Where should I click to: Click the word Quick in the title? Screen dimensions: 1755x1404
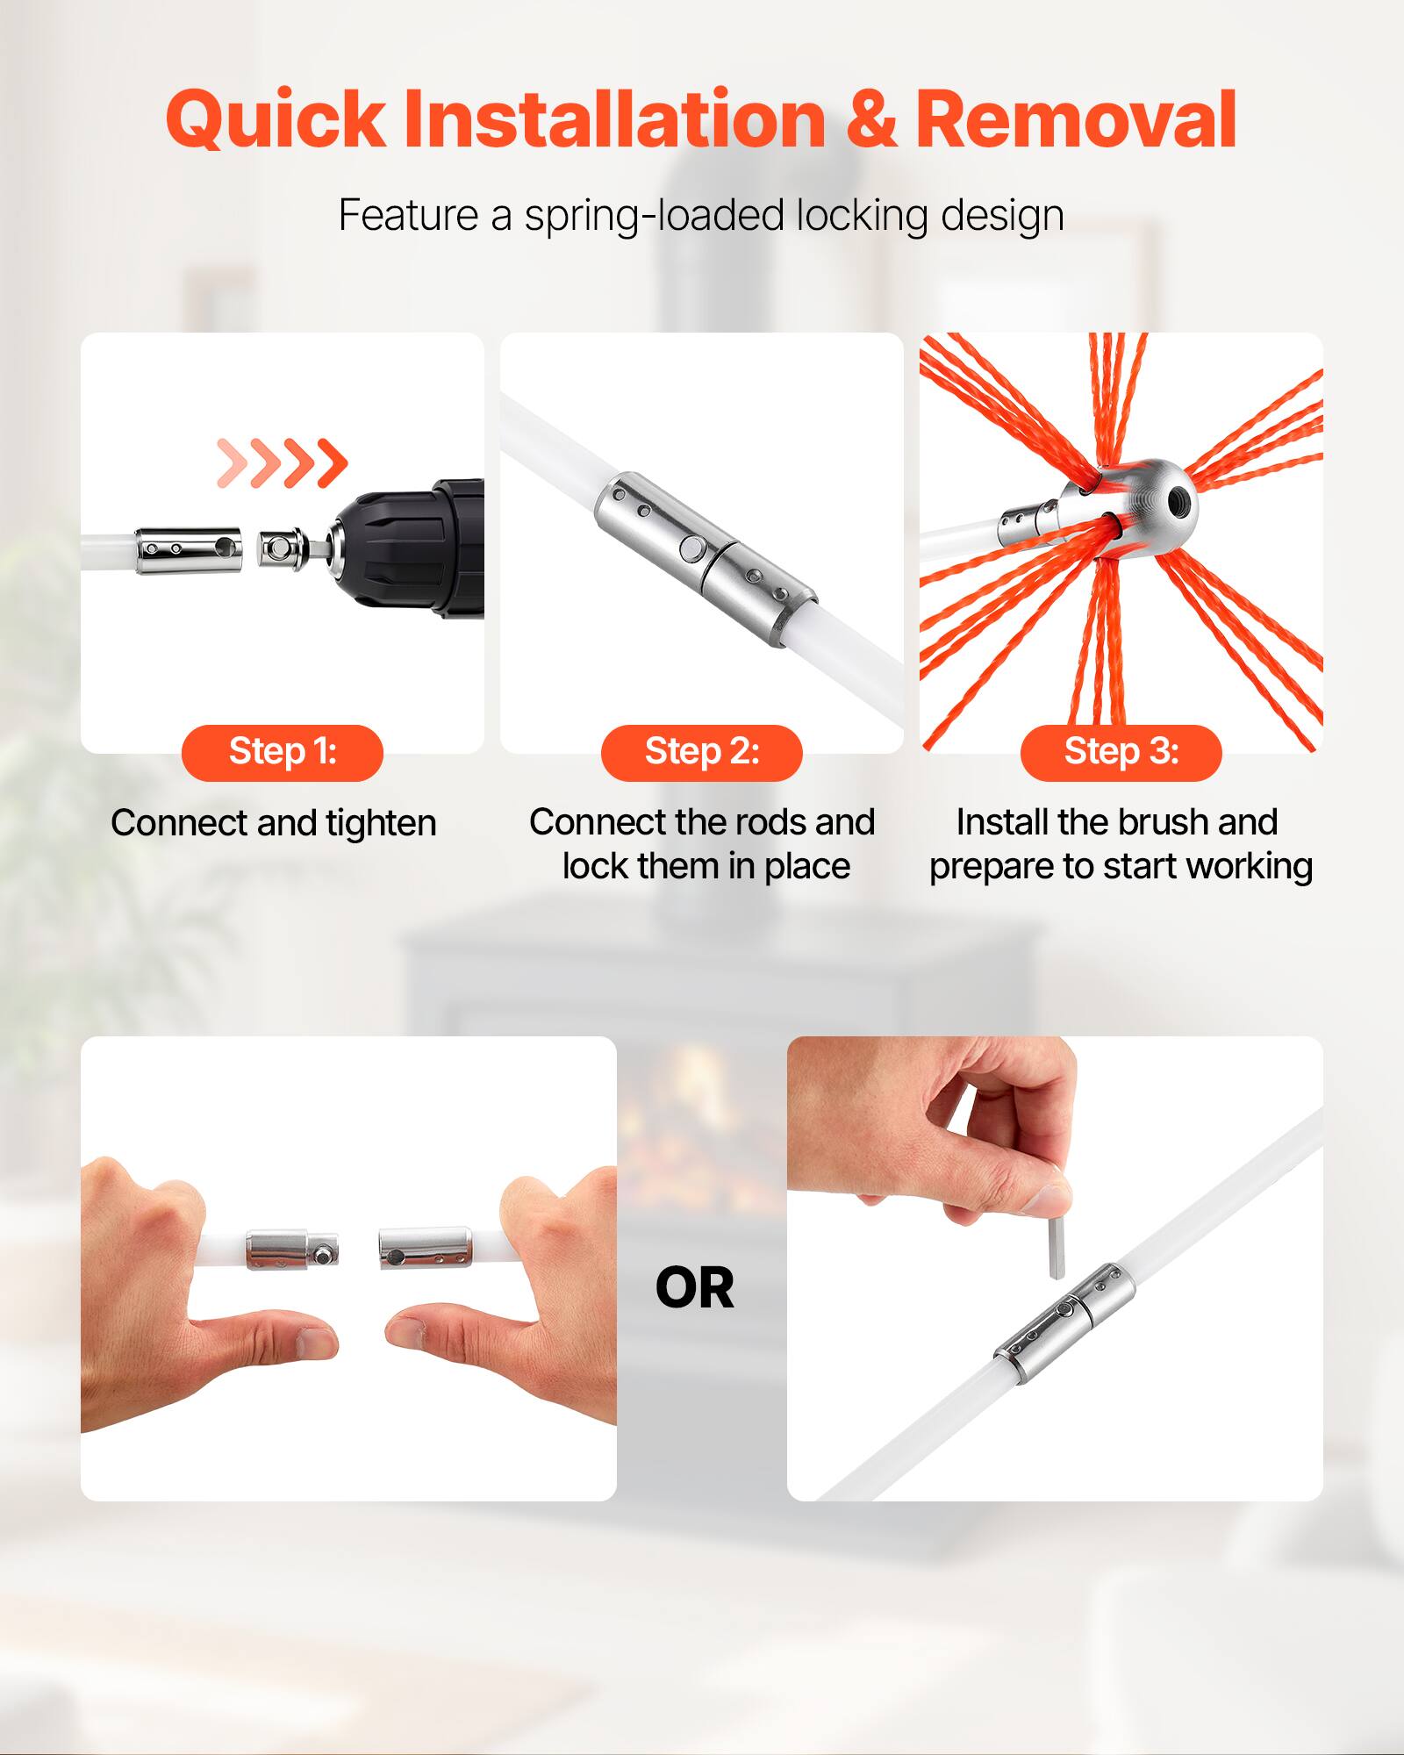[x=275, y=120]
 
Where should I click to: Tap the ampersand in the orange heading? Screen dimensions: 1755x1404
[x=871, y=120]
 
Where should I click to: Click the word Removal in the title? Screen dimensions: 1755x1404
[x=1076, y=120]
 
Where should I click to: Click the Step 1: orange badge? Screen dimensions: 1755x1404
[x=283, y=752]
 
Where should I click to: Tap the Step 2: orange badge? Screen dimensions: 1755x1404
[x=702, y=752]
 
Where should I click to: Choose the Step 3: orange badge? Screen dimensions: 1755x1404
[x=1121, y=752]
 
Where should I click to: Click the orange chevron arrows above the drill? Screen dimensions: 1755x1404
[x=283, y=462]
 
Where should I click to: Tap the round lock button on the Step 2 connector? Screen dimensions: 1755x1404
[x=691, y=549]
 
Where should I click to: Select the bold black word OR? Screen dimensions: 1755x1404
[x=694, y=1288]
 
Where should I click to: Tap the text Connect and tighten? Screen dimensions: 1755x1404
[x=274, y=823]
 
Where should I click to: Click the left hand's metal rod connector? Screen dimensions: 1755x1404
[x=290, y=1250]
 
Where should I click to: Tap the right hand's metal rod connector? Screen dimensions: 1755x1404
[x=424, y=1248]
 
